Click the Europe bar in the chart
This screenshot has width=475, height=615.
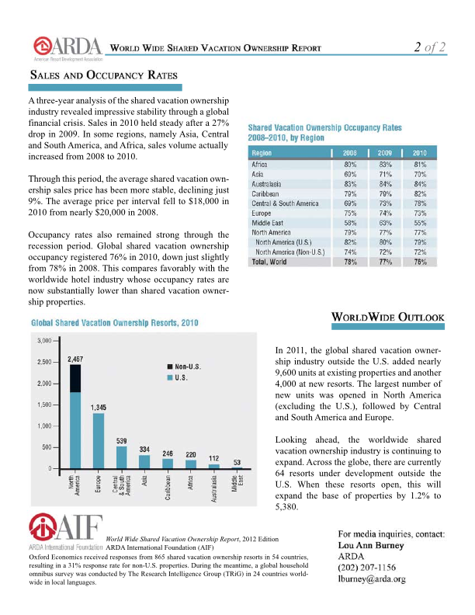coord(99,440)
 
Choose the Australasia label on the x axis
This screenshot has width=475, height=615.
coord(213,488)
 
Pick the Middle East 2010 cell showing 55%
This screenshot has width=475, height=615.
coord(420,222)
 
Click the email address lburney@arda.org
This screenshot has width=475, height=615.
coord(373,579)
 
